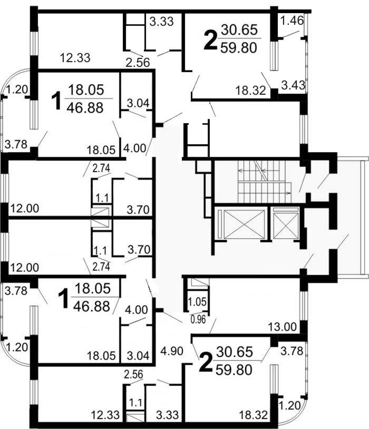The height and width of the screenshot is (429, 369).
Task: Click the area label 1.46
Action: [293, 21]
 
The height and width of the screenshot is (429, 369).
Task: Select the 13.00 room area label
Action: [283, 327]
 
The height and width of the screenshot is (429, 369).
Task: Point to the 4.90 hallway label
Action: [172, 351]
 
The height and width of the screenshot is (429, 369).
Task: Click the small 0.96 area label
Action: [198, 320]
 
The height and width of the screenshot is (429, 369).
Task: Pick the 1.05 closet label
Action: [197, 302]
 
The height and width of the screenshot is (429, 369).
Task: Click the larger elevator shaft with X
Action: [244, 224]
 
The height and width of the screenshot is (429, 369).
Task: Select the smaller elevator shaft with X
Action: [286, 224]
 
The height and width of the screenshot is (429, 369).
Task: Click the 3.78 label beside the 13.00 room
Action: [292, 351]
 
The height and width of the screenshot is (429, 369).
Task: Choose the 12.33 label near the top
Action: [75, 58]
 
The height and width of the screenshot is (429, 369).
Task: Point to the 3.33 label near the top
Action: [162, 22]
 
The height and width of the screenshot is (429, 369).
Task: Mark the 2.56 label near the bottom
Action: [134, 374]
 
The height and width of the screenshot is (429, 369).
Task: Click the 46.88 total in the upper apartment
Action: [85, 107]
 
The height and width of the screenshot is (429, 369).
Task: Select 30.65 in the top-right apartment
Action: [239, 29]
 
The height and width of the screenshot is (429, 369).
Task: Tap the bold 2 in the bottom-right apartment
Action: [206, 363]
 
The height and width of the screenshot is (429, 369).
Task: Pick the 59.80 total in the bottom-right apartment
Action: [234, 370]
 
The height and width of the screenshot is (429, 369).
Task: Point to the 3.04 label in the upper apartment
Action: [138, 103]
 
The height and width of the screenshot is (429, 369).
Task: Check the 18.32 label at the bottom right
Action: [254, 415]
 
